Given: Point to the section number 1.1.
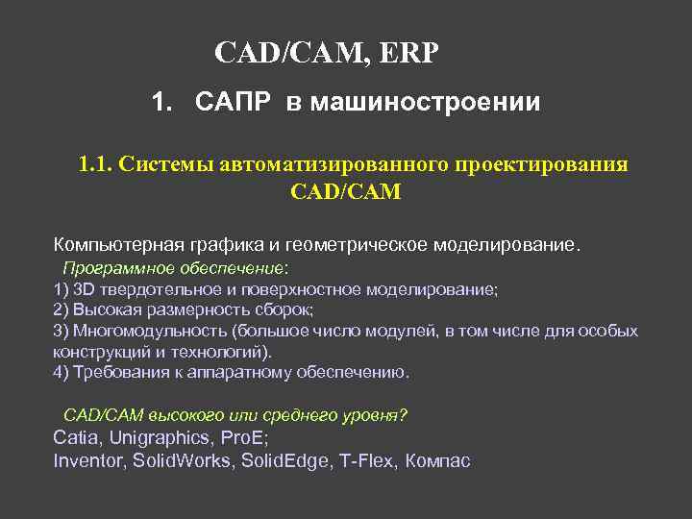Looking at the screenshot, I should (x=95, y=164).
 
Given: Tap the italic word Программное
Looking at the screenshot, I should (x=111, y=267).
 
